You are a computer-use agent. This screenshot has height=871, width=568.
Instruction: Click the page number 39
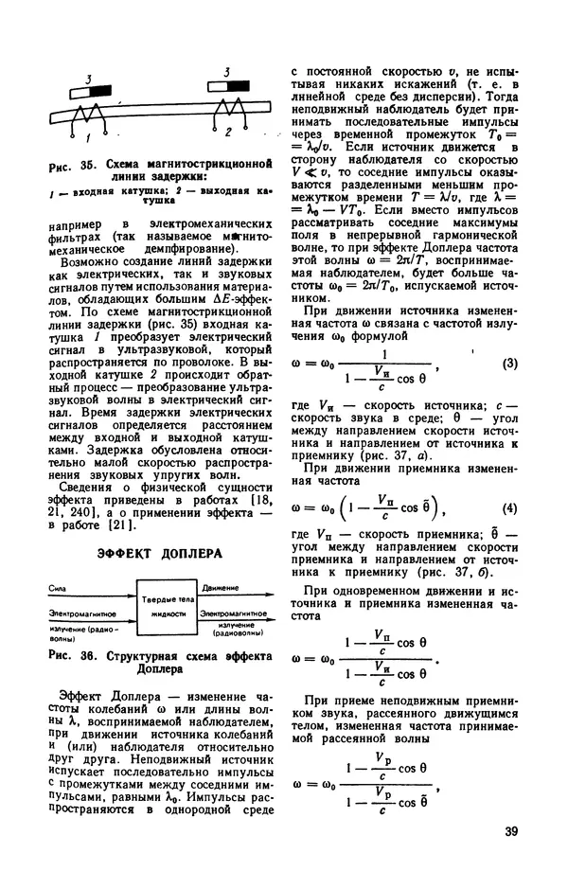[510, 833]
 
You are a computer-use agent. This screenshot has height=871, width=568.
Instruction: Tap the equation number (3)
[508, 364]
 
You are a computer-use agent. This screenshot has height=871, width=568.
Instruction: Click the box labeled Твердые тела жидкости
[167, 609]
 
